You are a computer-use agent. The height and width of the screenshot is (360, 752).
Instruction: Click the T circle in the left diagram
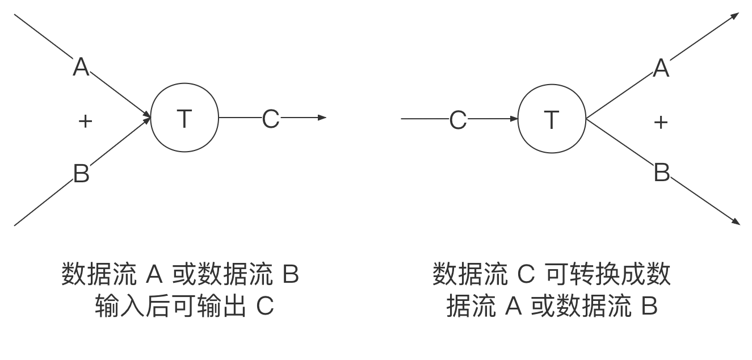184,118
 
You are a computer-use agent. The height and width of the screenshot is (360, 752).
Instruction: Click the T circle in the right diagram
552,119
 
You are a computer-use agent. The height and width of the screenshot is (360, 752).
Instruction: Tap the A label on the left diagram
81,66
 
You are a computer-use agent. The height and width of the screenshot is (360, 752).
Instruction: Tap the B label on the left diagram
81,173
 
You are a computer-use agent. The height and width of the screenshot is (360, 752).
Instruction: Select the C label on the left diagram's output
271,118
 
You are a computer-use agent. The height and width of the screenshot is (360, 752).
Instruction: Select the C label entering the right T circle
458,119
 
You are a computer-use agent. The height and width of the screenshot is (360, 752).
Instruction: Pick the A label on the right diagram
661,67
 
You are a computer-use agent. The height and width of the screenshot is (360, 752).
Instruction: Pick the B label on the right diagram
662,171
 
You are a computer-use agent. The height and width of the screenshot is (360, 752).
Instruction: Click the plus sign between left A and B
85,121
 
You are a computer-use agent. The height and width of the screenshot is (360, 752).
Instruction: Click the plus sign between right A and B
661,122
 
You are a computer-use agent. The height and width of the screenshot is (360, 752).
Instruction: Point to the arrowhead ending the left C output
323,118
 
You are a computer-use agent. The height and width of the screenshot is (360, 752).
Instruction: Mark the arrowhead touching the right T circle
514,119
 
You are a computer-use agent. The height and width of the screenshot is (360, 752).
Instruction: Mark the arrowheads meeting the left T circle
148,118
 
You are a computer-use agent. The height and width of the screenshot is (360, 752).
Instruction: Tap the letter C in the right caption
526,274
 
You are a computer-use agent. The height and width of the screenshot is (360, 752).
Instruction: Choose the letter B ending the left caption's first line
290,275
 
